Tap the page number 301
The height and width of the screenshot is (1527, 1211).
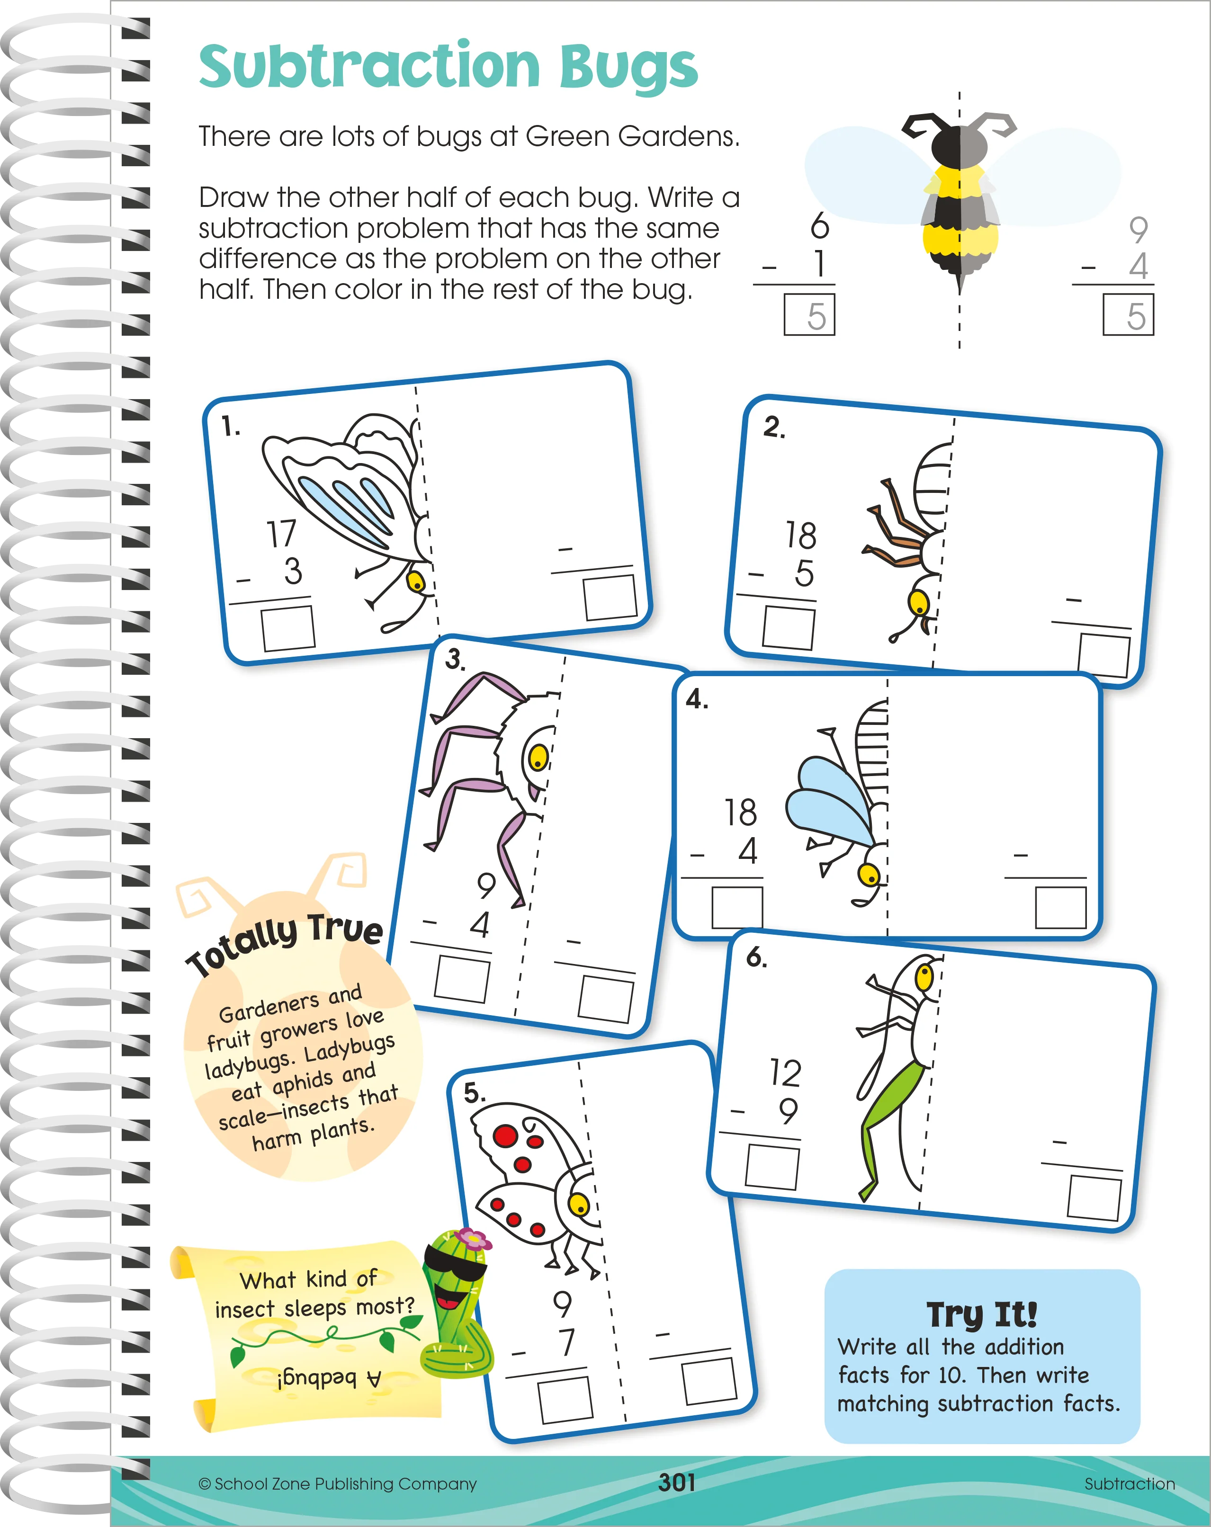(677, 1482)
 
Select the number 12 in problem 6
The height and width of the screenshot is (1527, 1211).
(786, 1072)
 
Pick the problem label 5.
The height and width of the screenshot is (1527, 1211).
(474, 1093)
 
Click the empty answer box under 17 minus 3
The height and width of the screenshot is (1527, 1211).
(287, 627)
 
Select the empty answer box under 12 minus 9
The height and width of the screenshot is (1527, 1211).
(771, 1167)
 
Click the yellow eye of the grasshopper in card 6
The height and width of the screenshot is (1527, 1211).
(924, 978)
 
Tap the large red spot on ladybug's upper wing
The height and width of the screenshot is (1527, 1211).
(506, 1136)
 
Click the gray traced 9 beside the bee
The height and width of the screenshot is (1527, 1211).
(1138, 230)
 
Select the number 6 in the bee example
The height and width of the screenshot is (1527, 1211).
(819, 225)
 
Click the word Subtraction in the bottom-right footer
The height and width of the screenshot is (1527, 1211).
(1130, 1484)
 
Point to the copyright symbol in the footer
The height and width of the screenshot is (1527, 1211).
(205, 1484)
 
